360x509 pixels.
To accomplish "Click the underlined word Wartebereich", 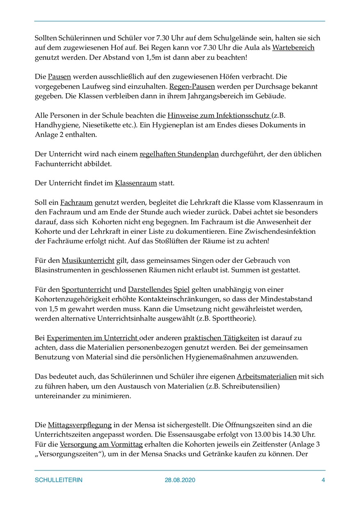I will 294,48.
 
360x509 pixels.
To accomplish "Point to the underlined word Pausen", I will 60,77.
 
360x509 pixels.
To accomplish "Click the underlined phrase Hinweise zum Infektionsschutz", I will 218,115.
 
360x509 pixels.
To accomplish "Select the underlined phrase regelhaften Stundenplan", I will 179,154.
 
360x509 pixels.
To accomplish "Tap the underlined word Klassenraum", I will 136,183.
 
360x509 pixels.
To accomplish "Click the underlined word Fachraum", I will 77,202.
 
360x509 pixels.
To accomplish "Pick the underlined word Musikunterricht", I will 88,260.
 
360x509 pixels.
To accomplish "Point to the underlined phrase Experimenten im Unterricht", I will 92,338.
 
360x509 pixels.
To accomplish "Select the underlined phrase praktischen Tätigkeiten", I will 221,338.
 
